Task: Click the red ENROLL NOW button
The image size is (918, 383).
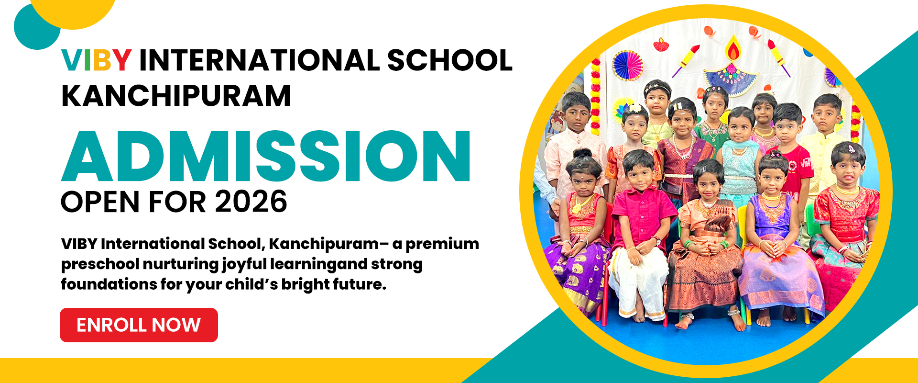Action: pyautogui.click(x=139, y=325)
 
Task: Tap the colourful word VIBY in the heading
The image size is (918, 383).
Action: pyautogui.click(x=96, y=60)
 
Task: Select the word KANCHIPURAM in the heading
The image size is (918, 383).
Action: pyautogui.click(x=176, y=96)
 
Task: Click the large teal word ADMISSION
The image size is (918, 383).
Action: pyautogui.click(x=266, y=156)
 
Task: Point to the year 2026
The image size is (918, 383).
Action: pyautogui.click(x=251, y=202)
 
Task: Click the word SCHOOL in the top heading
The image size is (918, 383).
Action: pyautogui.click(x=449, y=60)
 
